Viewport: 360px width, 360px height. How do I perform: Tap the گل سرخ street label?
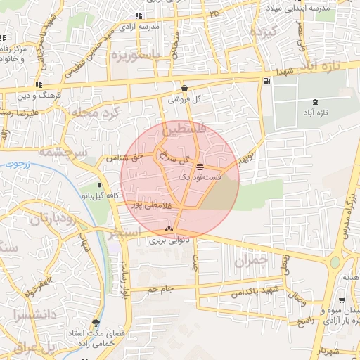(176, 158)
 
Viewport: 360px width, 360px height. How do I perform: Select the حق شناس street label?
(124, 158)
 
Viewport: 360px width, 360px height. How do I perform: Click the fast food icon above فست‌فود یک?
(201, 167)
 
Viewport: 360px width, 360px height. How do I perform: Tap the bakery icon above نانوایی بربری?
(168, 229)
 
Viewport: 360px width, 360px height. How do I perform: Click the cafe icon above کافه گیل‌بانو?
(101, 186)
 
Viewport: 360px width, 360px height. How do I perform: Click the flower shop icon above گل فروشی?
(184, 89)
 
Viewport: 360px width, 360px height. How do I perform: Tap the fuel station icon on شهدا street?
(266, 81)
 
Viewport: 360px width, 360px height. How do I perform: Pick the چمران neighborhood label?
(250, 261)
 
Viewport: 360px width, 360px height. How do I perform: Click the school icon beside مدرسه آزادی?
(139, 15)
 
